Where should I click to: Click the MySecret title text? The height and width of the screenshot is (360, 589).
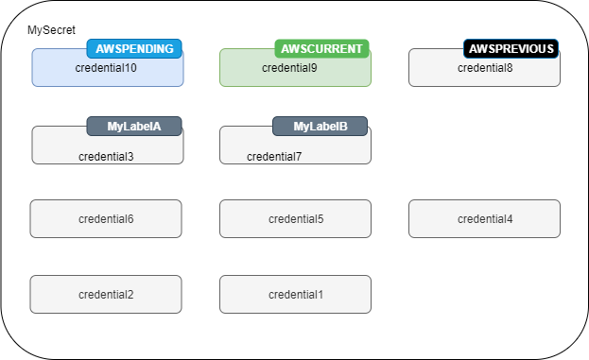click(51, 31)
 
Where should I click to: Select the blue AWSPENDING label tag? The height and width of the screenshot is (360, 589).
click(134, 48)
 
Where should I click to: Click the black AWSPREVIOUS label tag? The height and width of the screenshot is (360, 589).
click(511, 48)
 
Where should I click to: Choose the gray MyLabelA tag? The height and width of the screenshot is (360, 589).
click(134, 126)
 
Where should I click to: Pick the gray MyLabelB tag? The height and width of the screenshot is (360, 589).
click(320, 126)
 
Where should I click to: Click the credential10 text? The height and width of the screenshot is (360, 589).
click(106, 68)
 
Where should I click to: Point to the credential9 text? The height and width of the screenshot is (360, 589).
click(289, 68)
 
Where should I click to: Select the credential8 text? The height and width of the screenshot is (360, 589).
click(485, 68)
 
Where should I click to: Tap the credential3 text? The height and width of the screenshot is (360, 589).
click(106, 156)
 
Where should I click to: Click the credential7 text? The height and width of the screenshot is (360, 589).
click(274, 156)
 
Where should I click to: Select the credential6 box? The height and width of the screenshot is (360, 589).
click(106, 219)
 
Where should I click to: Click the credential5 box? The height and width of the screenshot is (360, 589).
click(295, 219)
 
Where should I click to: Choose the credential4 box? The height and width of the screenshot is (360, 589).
click(484, 219)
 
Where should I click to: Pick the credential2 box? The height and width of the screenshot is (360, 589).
click(106, 295)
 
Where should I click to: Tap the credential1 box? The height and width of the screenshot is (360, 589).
click(295, 295)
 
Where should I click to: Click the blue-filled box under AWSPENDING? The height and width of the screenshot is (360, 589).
click(57, 74)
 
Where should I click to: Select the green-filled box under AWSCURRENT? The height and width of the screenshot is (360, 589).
click(241, 74)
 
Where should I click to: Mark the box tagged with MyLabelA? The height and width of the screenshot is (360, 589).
click(57, 149)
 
